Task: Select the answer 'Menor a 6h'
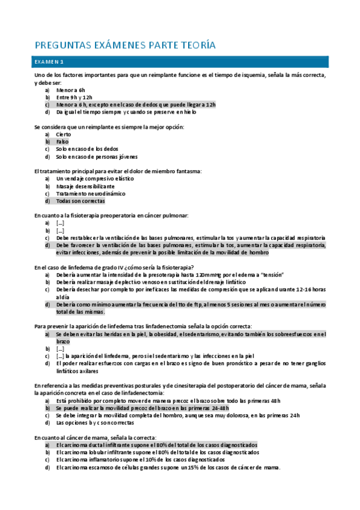pos(71,90)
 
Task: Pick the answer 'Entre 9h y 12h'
pos(75,97)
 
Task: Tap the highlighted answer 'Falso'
pos(63,142)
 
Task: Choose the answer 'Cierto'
pos(64,135)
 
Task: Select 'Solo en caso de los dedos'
pos(88,149)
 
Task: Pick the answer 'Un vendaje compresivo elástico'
pos(94,179)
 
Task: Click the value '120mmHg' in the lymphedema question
pos(219,275)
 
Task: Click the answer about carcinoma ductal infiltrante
pos(157,445)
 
